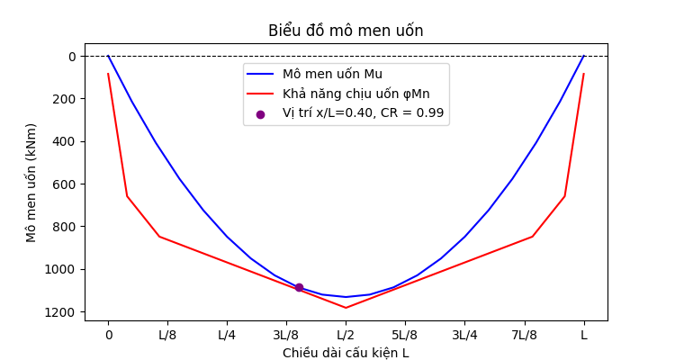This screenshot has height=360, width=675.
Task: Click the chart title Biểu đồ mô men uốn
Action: point(346,31)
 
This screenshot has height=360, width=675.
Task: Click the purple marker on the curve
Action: point(299,287)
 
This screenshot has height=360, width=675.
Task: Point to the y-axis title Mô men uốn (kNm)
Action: point(32,182)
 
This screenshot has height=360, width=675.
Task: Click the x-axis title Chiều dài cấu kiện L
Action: point(346,353)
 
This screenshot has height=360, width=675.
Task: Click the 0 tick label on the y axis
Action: point(73,57)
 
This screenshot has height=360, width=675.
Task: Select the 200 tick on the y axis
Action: point(66,99)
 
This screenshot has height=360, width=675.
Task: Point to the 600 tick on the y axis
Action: point(66,184)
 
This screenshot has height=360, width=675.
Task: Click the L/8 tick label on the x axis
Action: point(167,336)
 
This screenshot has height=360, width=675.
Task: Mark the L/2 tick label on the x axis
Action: point(346,336)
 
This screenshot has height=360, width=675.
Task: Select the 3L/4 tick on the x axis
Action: point(464,336)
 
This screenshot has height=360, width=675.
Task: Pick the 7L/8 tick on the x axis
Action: point(524,336)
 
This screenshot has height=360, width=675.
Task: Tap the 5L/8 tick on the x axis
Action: point(405,336)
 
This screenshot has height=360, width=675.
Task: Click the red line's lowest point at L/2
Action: point(346,308)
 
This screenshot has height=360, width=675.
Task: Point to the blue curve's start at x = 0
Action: point(108,56)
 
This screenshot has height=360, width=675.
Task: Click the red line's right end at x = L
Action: point(583,74)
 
